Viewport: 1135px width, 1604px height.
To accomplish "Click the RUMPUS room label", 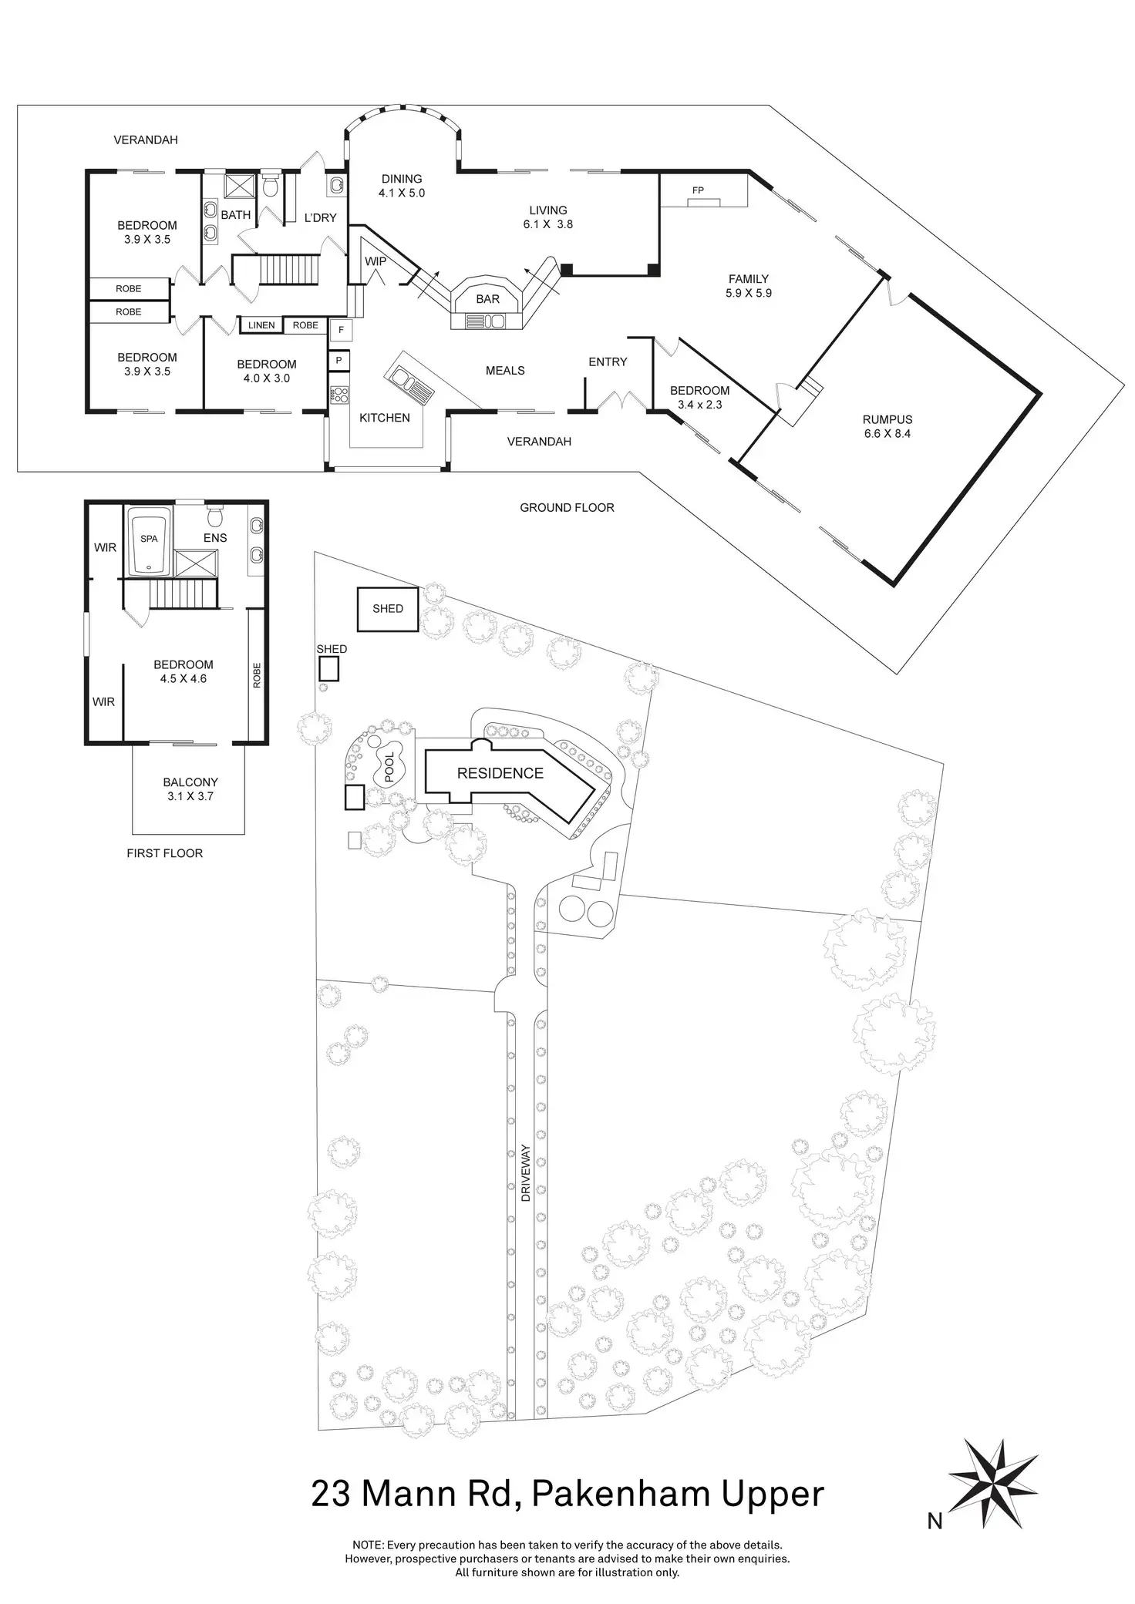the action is pyautogui.click(x=887, y=420).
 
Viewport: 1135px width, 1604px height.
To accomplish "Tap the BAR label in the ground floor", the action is pyautogui.click(x=487, y=299).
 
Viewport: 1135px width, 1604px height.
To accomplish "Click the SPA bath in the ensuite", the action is pyautogui.click(x=150, y=540).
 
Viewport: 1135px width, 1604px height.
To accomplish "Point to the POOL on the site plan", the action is pyautogui.click(x=389, y=767).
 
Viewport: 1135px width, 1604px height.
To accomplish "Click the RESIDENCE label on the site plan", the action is pyautogui.click(x=500, y=773).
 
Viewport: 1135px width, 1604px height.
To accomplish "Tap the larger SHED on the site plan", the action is pyautogui.click(x=388, y=609).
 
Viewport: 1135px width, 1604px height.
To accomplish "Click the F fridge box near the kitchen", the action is pyautogui.click(x=341, y=331).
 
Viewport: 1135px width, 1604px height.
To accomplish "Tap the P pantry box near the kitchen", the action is pyautogui.click(x=338, y=360).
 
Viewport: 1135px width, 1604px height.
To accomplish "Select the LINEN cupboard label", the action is pyautogui.click(x=261, y=325).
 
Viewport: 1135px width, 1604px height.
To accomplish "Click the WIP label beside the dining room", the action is pyautogui.click(x=376, y=262).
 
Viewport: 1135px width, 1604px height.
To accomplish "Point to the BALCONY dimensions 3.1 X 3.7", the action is pyautogui.click(x=190, y=796).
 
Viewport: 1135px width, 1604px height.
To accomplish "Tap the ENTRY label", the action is pyautogui.click(x=608, y=362).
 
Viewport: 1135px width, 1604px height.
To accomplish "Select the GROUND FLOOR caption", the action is pyautogui.click(x=567, y=507).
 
